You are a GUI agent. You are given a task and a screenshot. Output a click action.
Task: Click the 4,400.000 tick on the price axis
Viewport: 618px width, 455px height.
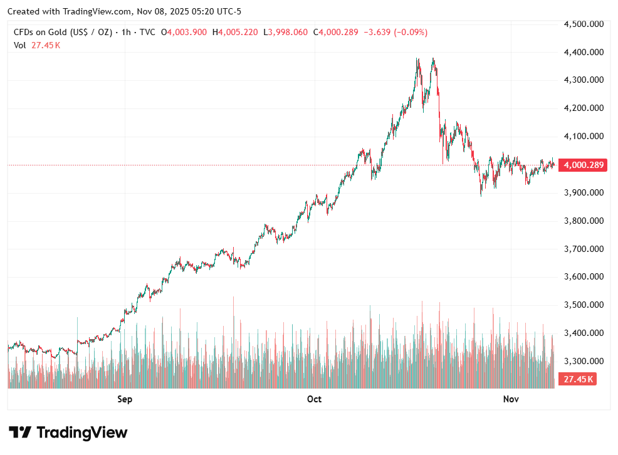point(584,52)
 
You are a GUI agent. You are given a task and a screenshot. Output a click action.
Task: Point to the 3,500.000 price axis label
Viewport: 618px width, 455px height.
point(584,305)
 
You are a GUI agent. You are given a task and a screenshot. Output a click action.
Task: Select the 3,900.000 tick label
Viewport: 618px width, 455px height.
point(584,192)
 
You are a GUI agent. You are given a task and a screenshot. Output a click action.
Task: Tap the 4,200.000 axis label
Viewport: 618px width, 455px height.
point(584,108)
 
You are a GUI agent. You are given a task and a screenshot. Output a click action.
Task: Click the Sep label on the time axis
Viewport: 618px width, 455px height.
point(125,399)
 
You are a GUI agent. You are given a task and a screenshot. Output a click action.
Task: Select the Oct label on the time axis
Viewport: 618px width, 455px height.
point(314,399)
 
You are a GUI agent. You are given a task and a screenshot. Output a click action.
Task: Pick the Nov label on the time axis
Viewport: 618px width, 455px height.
point(511,399)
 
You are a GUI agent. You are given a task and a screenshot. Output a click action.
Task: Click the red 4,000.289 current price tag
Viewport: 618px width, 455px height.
point(584,165)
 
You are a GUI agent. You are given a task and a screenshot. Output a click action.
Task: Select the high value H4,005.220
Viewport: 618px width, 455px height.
point(235,32)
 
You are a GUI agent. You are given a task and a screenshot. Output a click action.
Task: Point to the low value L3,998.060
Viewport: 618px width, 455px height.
point(285,32)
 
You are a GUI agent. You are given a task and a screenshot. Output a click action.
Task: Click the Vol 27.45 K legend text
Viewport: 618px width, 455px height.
point(37,44)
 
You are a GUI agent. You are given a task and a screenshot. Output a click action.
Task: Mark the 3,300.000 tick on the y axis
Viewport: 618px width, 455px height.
point(584,362)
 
